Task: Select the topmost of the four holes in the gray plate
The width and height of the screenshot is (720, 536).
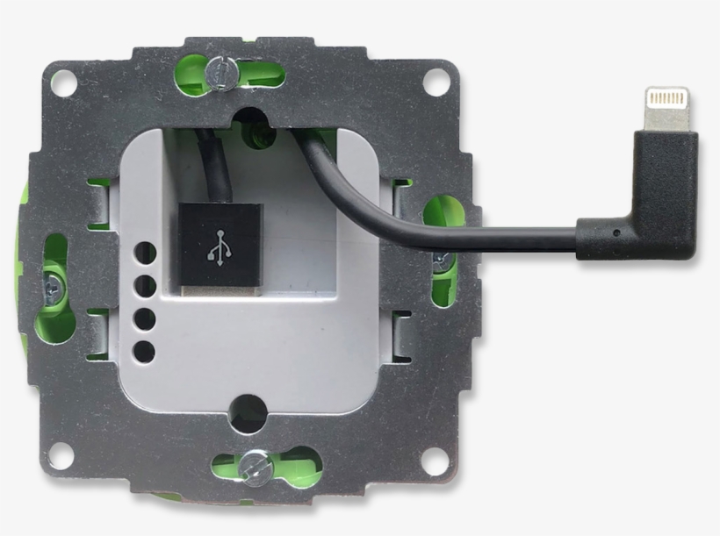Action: (x=146, y=254)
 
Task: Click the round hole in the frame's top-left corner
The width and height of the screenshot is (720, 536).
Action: (x=61, y=85)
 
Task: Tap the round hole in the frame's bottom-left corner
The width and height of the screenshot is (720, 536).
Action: (x=60, y=454)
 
